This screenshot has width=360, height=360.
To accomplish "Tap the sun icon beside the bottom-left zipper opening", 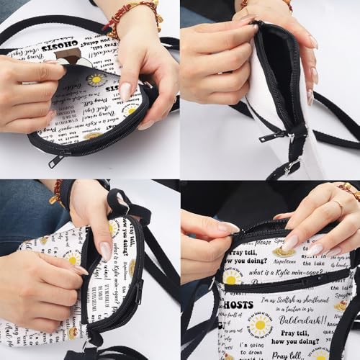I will [x=72, y=258].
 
